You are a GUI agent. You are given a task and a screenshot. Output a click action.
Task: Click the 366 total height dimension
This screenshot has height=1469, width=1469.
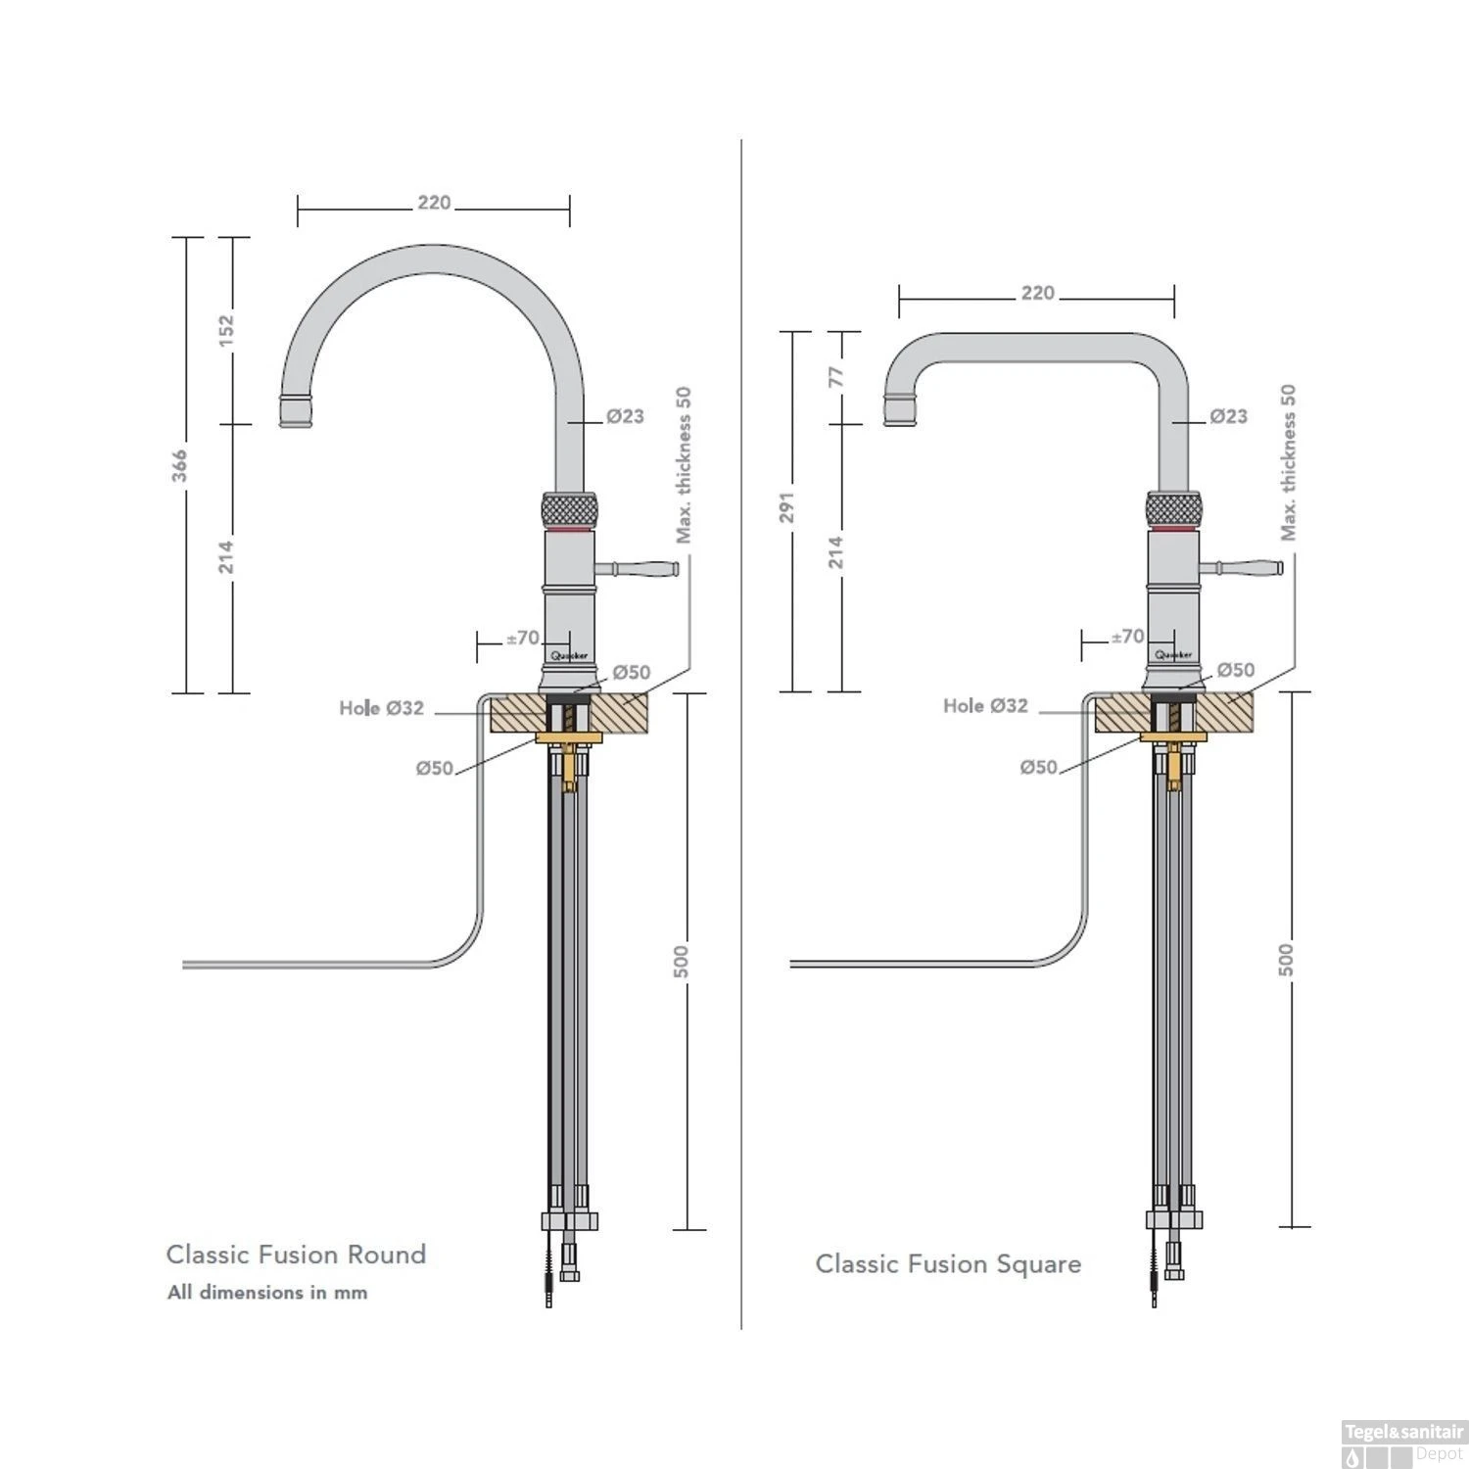point(179,465)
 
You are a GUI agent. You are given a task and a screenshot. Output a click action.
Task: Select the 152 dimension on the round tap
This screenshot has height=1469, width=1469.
point(226,330)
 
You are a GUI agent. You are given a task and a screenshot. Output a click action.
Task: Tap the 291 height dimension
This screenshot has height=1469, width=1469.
point(786,507)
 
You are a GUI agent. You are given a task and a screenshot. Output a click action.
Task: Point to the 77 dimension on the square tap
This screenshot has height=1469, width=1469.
point(836,377)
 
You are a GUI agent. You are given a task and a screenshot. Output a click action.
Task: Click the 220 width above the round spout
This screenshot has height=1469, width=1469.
point(434,203)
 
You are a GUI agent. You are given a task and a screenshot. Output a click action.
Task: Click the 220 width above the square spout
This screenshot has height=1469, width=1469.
point(1037,293)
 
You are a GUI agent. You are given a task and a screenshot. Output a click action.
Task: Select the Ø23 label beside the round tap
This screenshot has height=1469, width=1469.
point(625,416)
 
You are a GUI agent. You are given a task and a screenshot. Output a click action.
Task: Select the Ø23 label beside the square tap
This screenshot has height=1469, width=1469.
point(1228,416)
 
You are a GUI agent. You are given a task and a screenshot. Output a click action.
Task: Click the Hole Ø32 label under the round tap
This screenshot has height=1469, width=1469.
point(382,707)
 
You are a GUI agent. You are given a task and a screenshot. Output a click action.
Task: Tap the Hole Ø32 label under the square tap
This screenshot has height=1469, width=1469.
point(985,705)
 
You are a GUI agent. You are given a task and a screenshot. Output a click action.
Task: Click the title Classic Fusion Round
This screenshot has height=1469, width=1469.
point(296,1255)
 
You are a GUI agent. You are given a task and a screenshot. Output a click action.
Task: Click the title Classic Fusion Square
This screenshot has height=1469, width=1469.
point(948,1264)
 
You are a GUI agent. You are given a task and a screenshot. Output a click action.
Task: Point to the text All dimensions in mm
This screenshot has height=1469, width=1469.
point(267,1293)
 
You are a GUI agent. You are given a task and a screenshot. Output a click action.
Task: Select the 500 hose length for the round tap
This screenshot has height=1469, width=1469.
point(682,961)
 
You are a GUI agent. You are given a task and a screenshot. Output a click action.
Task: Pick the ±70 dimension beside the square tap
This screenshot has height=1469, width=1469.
point(1126,637)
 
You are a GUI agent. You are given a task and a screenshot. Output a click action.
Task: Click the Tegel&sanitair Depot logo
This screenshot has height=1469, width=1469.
point(1403,1443)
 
